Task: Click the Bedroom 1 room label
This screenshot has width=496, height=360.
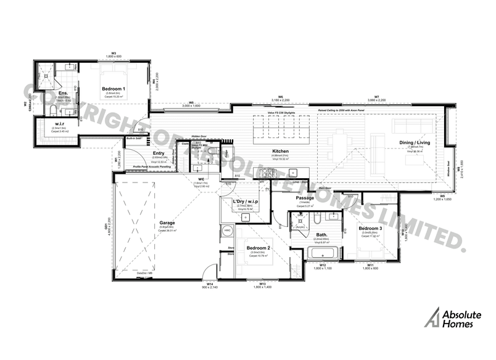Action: tap(115, 89)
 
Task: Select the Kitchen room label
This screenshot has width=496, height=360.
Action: tap(281, 151)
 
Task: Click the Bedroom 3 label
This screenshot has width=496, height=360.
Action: tap(372, 228)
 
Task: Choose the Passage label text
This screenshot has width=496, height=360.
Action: tap(305, 198)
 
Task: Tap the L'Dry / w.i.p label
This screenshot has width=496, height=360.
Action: tap(245, 202)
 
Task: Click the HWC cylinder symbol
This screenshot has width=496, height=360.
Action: tap(228, 231)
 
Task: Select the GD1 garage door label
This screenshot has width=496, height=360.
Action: tap(107, 227)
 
